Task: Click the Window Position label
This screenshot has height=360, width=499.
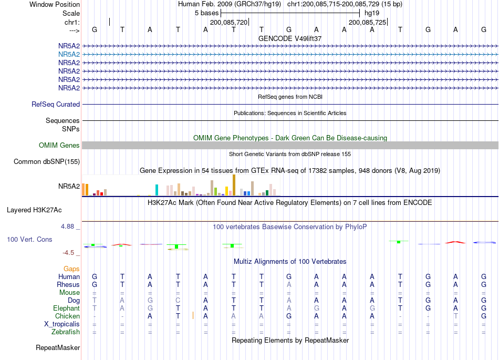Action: [55, 4]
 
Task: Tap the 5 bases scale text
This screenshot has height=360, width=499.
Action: [206, 13]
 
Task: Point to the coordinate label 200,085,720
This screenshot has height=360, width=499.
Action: [228, 22]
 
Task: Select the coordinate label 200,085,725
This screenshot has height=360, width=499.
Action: [367, 22]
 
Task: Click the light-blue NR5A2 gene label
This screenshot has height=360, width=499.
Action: [69, 55]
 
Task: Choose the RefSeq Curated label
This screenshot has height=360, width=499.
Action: [56, 105]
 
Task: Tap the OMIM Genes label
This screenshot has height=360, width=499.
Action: [59, 146]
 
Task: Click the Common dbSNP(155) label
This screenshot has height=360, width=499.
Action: [47, 162]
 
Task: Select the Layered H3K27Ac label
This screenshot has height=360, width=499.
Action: [34, 210]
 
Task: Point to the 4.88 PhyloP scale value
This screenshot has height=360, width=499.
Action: [67, 227]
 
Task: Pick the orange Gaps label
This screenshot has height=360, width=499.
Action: [71, 269]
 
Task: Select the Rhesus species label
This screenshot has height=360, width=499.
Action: [68, 284]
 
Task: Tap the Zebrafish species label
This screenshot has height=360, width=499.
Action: [66, 332]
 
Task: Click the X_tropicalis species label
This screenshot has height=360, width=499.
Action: [62, 324]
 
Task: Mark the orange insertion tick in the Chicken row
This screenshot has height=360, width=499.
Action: [193, 315]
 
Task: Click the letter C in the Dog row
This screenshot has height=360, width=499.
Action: [178, 300]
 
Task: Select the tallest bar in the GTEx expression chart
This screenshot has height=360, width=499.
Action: [234, 185]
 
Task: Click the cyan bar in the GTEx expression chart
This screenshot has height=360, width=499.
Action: [157, 190]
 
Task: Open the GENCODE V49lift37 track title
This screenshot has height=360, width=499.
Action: [290, 38]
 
